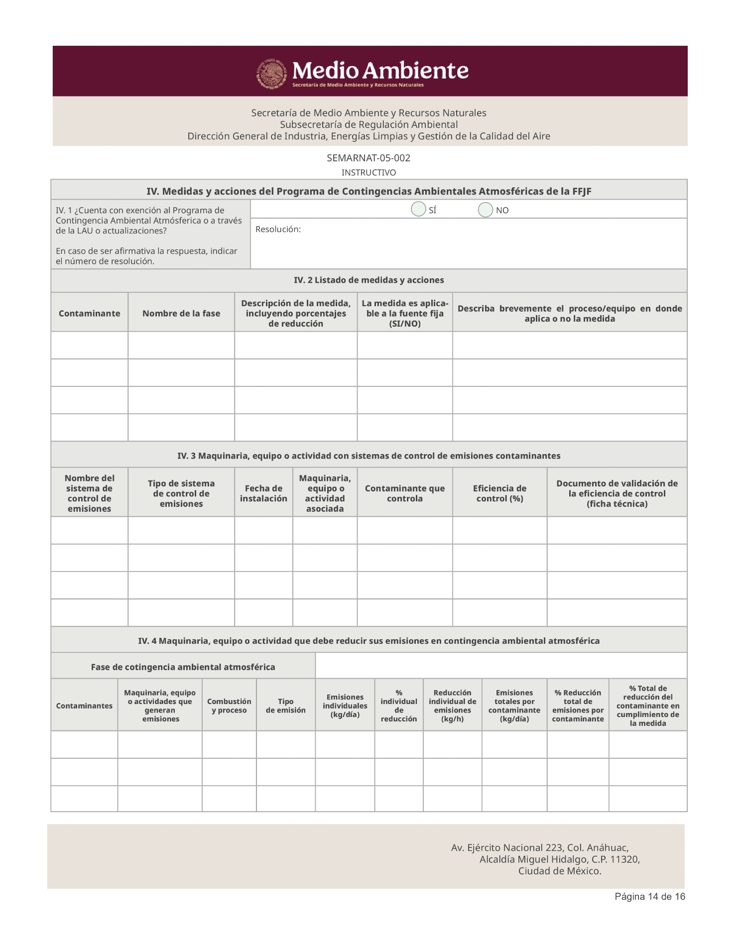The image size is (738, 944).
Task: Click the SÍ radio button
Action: [418, 210]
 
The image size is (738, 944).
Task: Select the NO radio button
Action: [485, 210]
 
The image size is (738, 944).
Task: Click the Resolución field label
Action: [278, 230]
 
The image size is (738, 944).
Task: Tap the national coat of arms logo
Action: [272, 74]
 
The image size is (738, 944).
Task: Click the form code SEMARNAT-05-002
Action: [369, 158]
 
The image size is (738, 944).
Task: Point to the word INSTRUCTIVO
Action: [369, 173]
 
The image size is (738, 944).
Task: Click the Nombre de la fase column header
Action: [181, 314]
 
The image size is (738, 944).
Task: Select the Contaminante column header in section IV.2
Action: [90, 314]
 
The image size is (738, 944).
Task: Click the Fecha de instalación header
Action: [263, 493]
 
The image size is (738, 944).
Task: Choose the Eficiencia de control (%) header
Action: [499, 493]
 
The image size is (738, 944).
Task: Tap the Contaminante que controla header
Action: [405, 493]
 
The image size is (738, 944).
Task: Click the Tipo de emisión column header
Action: [286, 706]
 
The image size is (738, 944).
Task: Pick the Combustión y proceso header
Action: [229, 706]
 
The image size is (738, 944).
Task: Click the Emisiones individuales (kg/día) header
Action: [345, 706]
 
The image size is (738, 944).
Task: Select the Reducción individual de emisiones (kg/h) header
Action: [453, 706]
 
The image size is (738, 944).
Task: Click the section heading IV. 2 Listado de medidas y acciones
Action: [369, 280]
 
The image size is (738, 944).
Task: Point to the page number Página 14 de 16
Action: [650, 897]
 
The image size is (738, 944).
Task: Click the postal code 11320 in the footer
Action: [624, 859]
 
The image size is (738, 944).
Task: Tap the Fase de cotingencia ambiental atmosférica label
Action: [183, 667]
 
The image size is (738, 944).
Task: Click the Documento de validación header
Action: [617, 493]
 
